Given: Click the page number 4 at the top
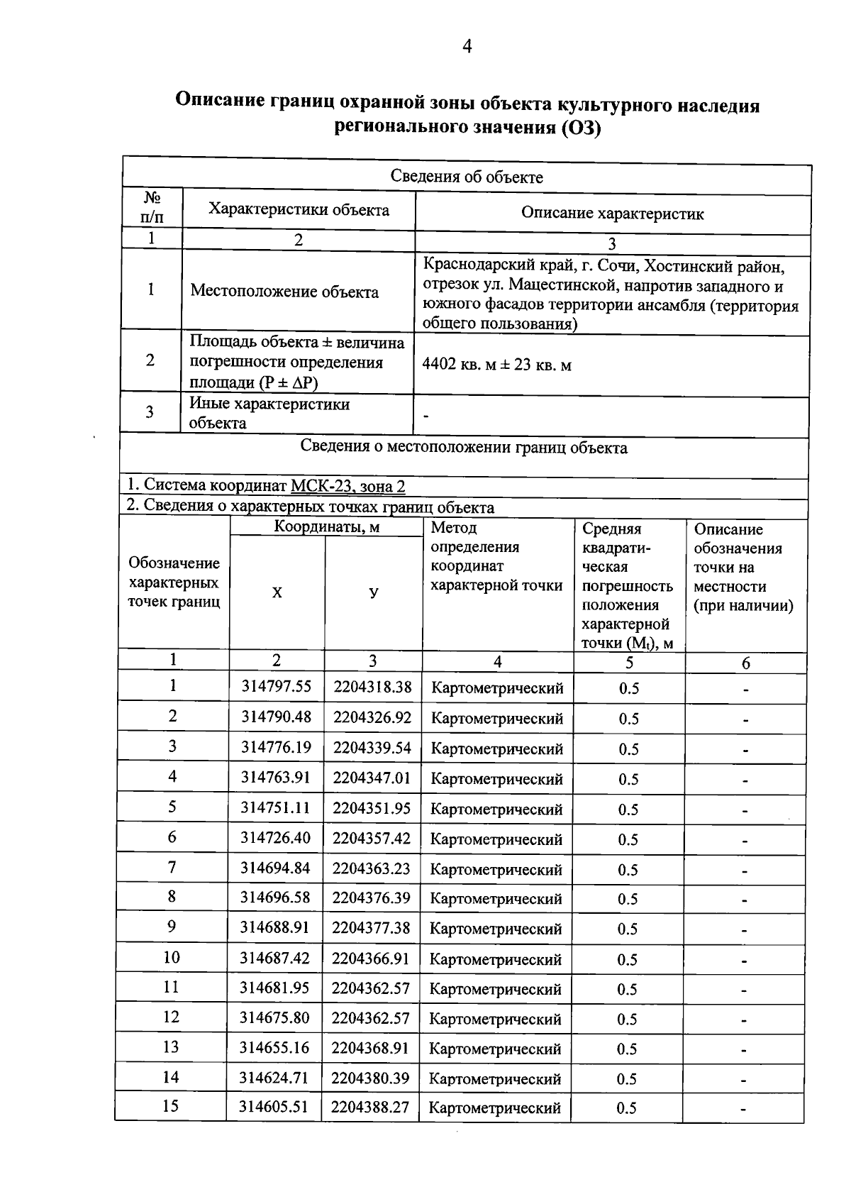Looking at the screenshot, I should tap(467, 47).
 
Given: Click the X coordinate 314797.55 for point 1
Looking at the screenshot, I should tap(276, 687).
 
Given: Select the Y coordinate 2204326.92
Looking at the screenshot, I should tap(372, 717).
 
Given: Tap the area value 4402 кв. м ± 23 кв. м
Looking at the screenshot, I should tap(496, 365).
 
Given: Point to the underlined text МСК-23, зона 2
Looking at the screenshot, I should tap(348, 487).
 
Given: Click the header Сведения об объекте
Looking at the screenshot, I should tap(467, 177).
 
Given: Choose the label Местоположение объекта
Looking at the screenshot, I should tap(284, 292).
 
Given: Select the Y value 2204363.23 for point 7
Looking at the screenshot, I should tap(371, 869).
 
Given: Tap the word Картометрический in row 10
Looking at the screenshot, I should tap(496, 959).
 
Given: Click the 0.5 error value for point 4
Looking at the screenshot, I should tap(628, 779).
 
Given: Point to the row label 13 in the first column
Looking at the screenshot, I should tap(171, 1047).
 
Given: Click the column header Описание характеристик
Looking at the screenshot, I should tap(612, 214).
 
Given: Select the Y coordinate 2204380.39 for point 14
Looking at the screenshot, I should tap(370, 1078).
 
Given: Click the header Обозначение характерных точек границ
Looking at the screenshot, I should tap(174, 582).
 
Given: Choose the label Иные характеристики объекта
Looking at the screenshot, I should tap(269, 414).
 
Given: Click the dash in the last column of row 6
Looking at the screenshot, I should tap(745, 841).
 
